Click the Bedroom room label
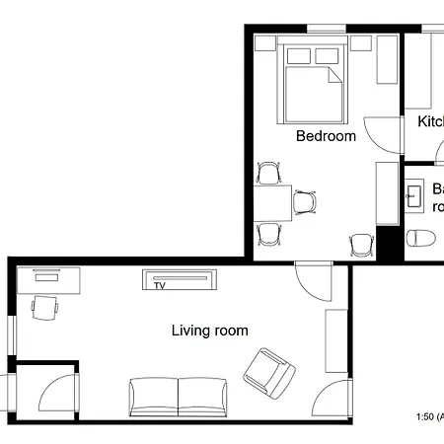click(326, 136)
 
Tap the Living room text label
click(209, 331)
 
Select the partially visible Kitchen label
click(430, 121)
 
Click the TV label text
click(159, 287)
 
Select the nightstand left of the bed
click(264, 43)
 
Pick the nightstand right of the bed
click(359, 43)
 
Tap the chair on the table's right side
click(307, 201)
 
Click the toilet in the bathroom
click(421, 237)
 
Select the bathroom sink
click(414, 196)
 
